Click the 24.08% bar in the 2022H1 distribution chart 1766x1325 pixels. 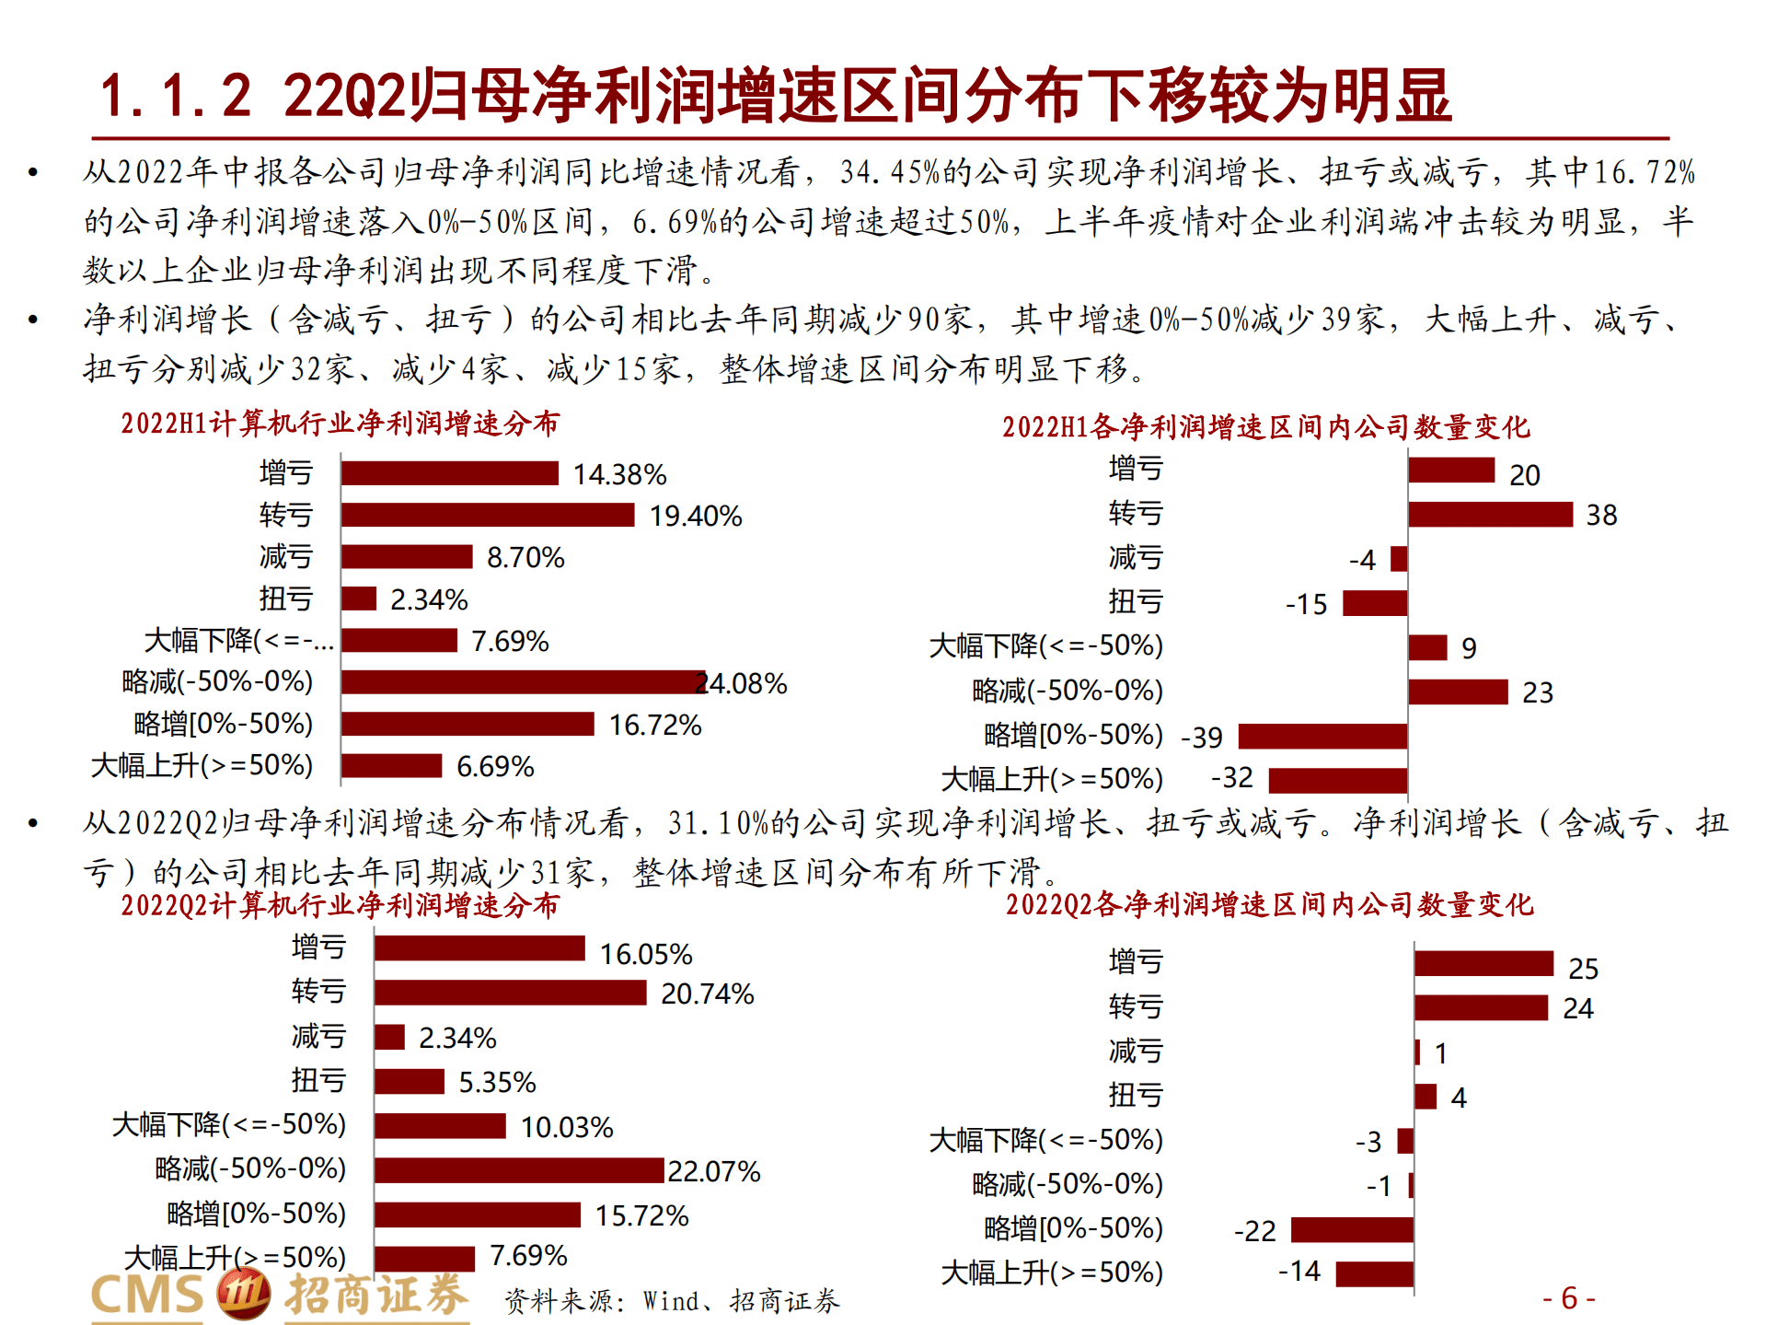point(523,682)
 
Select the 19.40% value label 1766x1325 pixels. point(696,516)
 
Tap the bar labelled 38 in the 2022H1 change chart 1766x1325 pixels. point(1490,515)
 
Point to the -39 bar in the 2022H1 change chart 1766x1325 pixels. point(1322,737)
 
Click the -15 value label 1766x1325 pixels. point(1306,604)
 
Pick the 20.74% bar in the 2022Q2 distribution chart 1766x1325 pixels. point(510,993)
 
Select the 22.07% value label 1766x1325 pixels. point(714,1171)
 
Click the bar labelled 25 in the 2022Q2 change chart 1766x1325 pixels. point(1483,964)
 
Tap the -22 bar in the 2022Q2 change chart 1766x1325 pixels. point(1352,1230)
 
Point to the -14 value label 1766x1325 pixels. point(1299,1272)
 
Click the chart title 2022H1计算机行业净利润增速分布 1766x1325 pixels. point(340,424)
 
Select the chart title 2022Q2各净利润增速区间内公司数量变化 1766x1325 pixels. point(1269,905)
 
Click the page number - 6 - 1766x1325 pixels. point(1569,1298)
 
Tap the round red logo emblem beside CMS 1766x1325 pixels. point(243,1293)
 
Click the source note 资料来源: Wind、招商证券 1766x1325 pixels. point(672,1301)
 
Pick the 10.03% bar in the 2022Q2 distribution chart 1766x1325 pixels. point(440,1126)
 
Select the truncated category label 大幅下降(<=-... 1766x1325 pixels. point(239,641)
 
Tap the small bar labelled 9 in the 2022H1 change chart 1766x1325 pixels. point(1427,648)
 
